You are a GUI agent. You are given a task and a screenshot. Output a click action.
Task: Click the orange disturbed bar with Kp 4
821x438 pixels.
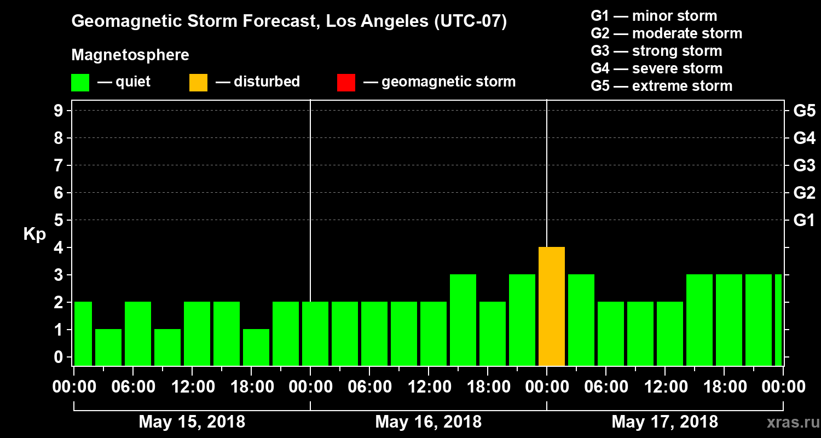point(552,307)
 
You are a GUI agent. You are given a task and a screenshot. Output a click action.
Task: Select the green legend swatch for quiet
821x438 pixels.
point(80,83)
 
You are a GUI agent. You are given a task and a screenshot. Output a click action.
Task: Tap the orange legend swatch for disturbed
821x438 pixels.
point(198,83)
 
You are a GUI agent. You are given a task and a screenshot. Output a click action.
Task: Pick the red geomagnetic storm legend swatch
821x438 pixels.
point(346,83)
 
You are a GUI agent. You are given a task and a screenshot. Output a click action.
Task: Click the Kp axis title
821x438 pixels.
point(34,235)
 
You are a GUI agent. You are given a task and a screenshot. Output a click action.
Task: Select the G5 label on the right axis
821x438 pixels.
point(804,111)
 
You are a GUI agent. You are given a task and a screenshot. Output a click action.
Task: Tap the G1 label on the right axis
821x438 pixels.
point(804,221)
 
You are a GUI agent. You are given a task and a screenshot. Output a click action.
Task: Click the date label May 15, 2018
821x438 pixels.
point(192,422)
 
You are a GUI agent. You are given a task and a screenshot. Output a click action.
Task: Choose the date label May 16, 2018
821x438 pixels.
point(429,422)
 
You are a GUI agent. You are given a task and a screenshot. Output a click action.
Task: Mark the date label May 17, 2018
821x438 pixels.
point(664,422)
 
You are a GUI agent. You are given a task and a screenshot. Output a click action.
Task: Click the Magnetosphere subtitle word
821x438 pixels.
point(130,55)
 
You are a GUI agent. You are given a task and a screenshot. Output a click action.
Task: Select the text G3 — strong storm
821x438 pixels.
point(656,51)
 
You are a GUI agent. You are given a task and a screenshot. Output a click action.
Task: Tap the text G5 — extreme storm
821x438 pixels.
point(661,86)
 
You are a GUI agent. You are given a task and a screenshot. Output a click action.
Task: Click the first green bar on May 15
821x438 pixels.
point(83,333)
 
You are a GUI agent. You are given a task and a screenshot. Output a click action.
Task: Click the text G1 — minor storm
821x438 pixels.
point(654,16)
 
